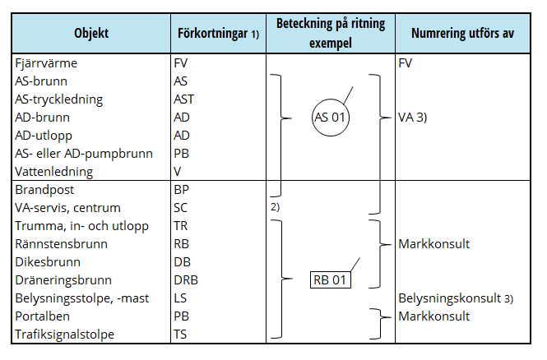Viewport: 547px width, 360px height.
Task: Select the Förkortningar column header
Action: pos(218,34)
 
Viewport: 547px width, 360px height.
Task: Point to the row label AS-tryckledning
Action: pos(58,99)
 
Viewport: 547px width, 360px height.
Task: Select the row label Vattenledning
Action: pos(53,172)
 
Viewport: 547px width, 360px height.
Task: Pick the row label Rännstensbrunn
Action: pos(56,243)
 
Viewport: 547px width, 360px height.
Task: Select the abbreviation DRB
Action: pos(186,279)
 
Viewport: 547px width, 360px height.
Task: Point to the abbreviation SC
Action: pos(181,207)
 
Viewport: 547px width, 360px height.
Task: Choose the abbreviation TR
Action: pos(181,225)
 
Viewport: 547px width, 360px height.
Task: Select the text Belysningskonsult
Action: pos(449,298)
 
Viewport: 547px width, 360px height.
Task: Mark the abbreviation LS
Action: pos(180,298)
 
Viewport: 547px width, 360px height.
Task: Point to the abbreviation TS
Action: pos(180,334)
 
